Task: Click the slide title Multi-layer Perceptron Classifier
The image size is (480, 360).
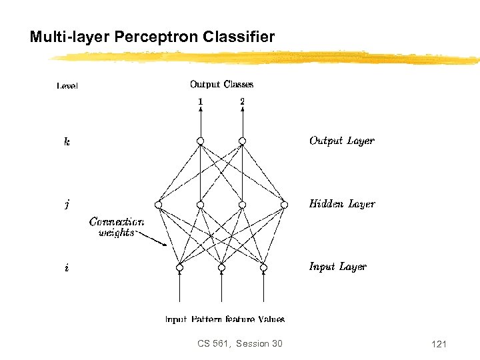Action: (x=152, y=37)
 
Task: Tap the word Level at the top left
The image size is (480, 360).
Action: (x=67, y=85)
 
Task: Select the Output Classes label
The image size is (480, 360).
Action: (x=221, y=84)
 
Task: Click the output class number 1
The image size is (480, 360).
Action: (x=200, y=101)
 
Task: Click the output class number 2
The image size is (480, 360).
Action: (x=242, y=101)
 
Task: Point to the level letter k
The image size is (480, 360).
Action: (x=67, y=141)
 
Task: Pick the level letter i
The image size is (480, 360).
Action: (x=66, y=268)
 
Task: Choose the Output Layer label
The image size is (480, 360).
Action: (x=341, y=141)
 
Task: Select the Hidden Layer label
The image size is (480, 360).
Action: (x=341, y=204)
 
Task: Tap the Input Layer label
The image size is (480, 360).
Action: (x=337, y=267)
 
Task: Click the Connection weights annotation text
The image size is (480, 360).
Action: (x=116, y=227)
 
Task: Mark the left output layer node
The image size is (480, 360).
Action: (x=200, y=141)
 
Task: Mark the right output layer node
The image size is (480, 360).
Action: (x=242, y=141)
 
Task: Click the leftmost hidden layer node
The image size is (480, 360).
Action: (x=158, y=205)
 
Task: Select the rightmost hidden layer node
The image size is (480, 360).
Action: (x=285, y=205)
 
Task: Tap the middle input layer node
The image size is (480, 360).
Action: (x=221, y=268)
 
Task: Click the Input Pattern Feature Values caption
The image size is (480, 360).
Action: (x=225, y=319)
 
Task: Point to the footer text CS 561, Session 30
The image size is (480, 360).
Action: (x=240, y=343)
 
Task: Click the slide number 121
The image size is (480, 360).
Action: (x=439, y=344)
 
